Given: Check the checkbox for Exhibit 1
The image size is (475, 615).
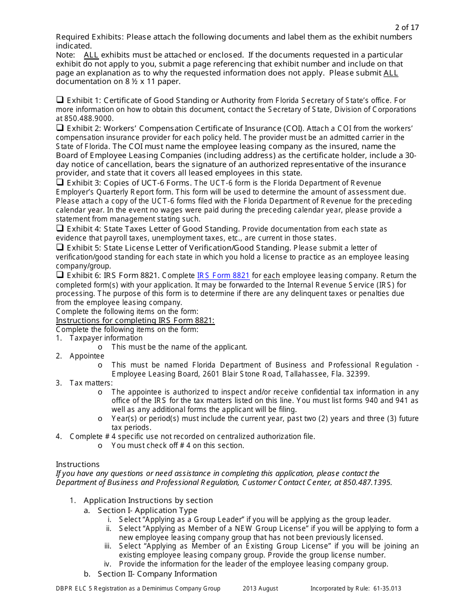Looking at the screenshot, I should (59, 100).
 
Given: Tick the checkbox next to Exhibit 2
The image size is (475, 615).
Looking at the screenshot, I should (59, 128).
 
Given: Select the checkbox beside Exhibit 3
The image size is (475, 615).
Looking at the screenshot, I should (59, 182).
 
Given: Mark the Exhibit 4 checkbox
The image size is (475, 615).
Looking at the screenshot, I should (59, 228).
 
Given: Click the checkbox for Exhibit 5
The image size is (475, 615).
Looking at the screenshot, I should (59, 247).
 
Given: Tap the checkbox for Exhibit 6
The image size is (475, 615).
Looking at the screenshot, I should (59, 275).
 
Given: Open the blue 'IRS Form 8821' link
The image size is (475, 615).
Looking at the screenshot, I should (223, 275).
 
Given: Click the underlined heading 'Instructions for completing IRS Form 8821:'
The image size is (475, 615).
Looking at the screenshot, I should (135, 320).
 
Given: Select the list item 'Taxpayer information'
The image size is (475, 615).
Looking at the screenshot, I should (106, 338).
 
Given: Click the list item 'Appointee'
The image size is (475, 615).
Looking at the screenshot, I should (87, 356).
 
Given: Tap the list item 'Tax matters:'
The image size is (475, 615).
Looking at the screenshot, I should (91, 383).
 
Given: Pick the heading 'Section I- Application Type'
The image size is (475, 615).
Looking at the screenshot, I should (147, 510).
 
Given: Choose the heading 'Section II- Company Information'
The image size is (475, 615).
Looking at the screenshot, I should (157, 574).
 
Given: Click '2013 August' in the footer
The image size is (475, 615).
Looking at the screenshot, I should (260, 588).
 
